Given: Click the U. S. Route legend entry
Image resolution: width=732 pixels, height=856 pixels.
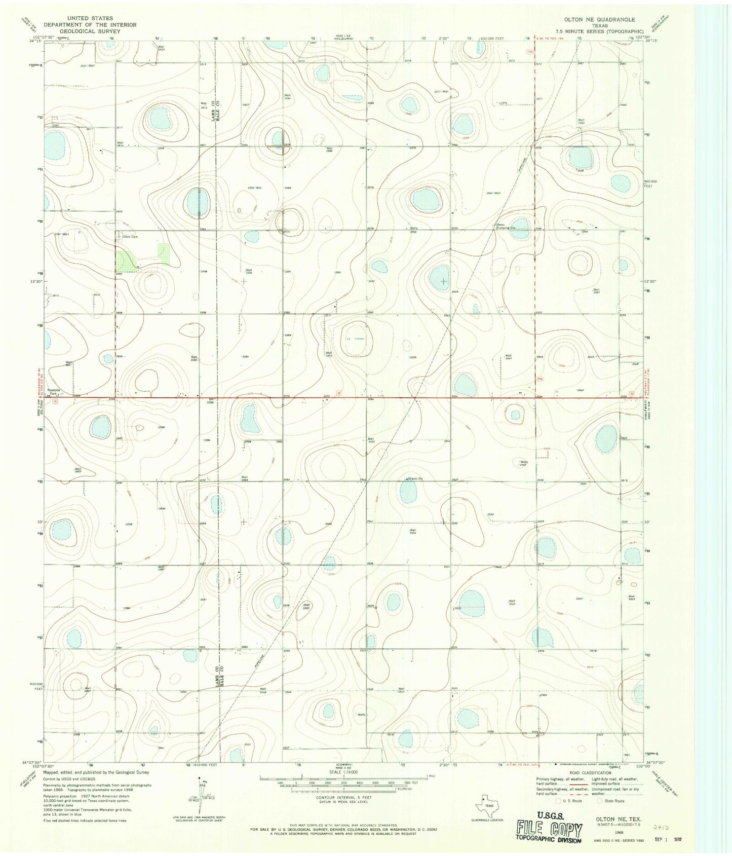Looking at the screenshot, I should (x=569, y=801).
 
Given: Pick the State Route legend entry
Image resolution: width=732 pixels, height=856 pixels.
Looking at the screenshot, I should (x=610, y=801).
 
